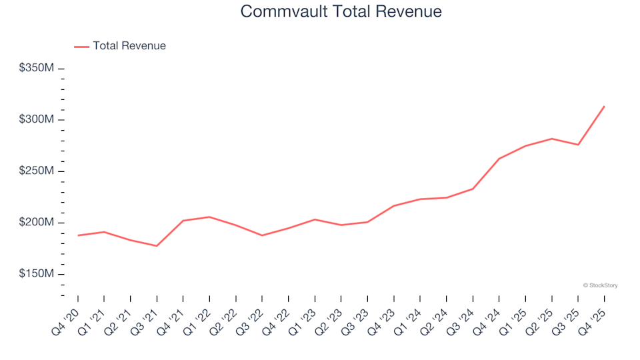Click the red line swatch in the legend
(81, 47)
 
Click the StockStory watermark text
(600, 285)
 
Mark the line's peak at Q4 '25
(604, 106)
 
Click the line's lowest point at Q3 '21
(157, 246)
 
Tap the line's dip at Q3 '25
(578, 145)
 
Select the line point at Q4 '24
(499, 159)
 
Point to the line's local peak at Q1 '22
(209, 217)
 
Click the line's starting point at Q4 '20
(78, 235)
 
